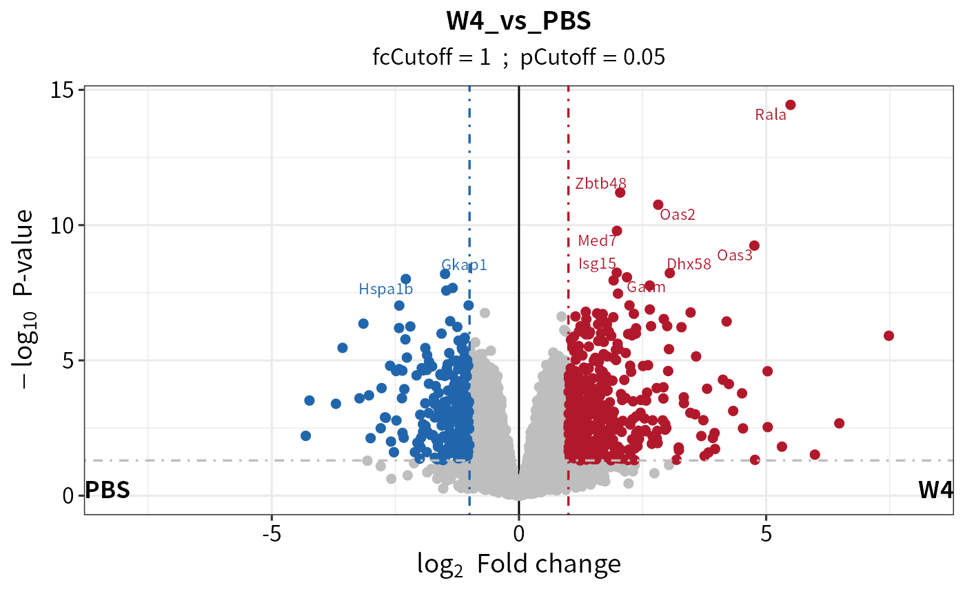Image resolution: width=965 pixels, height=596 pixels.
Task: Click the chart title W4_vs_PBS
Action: coord(518,22)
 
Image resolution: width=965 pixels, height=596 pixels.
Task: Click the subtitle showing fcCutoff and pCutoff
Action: coord(518,57)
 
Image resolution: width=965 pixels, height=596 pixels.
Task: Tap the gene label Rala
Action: coord(770,115)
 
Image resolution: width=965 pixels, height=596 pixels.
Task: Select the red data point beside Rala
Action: coord(791,105)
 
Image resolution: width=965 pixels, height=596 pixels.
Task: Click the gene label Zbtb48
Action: coord(600,183)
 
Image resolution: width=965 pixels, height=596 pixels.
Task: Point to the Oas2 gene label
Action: coord(678,214)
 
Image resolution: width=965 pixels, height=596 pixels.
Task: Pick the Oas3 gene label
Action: coord(735,256)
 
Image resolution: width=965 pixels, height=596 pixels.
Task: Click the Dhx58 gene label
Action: coord(689,264)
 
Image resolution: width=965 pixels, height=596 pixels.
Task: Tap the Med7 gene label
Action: coord(597,240)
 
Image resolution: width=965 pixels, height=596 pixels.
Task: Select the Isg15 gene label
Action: coord(597,263)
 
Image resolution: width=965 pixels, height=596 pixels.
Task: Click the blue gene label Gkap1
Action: coord(464,265)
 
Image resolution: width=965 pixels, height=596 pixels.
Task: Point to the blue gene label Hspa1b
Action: coord(386,289)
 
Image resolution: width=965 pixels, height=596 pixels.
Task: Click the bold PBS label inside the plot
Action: coord(108,490)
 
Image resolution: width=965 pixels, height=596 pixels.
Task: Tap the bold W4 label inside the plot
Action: coord(935,490)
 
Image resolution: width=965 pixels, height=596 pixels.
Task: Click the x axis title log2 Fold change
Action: coord(518,565)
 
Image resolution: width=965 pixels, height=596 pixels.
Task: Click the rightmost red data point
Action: coord(888,336)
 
